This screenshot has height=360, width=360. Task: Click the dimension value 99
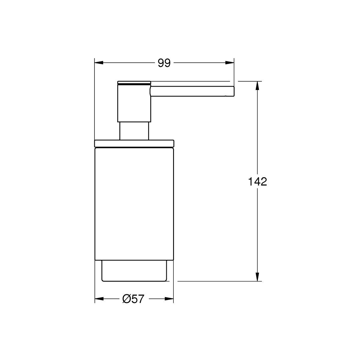coord(164,63)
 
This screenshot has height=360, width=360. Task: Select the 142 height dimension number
coord(257,181)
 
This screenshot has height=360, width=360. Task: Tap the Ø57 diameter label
coord(133,299)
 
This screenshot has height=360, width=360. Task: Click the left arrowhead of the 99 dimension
coord(99,63)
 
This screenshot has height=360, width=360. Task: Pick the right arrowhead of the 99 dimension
coord(229,63)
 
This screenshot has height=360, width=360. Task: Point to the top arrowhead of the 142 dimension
coord(257,85)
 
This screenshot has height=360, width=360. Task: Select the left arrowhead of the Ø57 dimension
coord(99,299)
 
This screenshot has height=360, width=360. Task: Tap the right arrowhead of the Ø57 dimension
coord(169,299)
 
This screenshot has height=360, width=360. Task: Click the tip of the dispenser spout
coord(234,91)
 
